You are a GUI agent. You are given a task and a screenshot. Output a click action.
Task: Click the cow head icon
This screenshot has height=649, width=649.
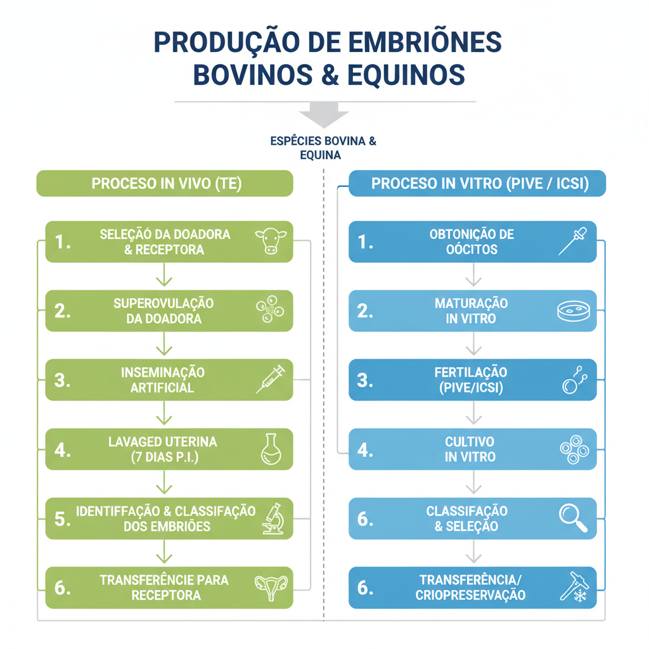[x=271, y=241]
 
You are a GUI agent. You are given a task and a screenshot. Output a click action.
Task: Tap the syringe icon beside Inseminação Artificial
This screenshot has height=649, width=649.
[x=271, y=379]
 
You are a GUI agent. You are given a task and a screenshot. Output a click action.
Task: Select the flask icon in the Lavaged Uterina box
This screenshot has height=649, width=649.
[x=271, y=449]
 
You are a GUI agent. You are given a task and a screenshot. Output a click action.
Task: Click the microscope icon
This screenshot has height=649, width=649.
[x=272, y=518]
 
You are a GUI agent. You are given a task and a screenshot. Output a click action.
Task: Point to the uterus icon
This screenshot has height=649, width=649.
[x=271, y=588]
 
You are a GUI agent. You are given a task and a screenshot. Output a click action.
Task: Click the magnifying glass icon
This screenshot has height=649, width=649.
[x=574, y=518]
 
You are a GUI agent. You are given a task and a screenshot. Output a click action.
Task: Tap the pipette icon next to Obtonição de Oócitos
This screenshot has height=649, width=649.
[x=573, y=241]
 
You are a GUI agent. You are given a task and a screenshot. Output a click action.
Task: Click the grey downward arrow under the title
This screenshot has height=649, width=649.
[x=324, y=117]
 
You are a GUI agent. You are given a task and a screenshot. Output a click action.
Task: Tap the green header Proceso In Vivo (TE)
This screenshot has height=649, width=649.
[x=165, y=184]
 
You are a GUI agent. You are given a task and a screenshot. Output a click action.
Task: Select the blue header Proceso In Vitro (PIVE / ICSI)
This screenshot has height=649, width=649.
[x=480, y=184]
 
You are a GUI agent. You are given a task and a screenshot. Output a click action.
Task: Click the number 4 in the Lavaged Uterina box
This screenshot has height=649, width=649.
[x=61, y=449]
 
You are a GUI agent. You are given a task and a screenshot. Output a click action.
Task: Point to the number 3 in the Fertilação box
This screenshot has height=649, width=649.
[x=364, y=380]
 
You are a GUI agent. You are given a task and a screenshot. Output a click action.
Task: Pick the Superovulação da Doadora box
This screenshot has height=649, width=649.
[x=169, y=311]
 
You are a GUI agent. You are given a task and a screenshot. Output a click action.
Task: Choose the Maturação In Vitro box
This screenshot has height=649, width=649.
[x=472, y=311]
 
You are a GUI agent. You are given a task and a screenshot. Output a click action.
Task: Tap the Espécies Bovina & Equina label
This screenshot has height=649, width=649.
[x=323, y=148]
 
